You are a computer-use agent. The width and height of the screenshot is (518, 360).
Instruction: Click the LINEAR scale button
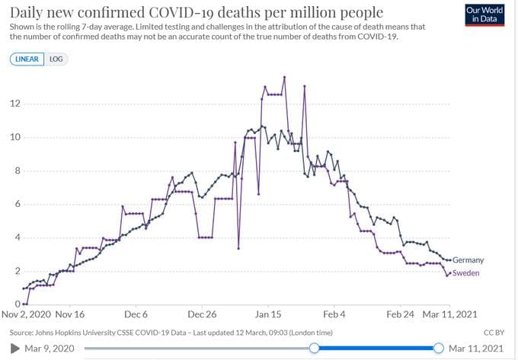[27, 59]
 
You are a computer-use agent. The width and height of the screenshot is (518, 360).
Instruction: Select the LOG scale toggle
[56, 59]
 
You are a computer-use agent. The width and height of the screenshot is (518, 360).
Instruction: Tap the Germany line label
[468, 260]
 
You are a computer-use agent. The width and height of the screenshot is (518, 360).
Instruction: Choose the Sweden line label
[466, 272]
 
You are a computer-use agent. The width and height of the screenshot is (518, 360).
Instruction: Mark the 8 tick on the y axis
[14, 171]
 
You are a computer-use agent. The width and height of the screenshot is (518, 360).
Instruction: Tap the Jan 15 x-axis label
[268, 313]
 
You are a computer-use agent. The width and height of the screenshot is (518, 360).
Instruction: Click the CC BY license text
[495, 333]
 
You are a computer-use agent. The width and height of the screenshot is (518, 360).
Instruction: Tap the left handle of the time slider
[314, 348]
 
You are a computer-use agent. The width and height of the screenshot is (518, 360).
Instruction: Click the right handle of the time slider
[438, 348]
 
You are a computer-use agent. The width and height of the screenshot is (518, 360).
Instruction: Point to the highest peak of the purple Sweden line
[284, 77]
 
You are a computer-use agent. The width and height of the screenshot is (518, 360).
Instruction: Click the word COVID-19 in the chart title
[197, 13]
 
